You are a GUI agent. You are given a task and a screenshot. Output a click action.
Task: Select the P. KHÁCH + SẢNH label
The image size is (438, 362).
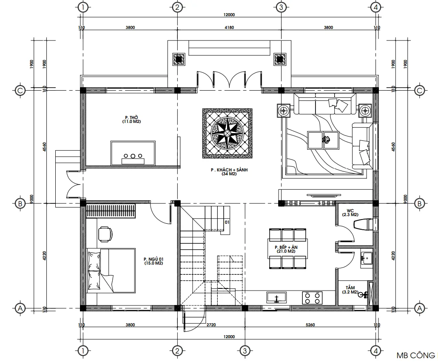pyautogui.click(x=229, y=169)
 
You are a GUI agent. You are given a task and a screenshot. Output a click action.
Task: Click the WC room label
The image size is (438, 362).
pyautogui.click(x=350, y=211)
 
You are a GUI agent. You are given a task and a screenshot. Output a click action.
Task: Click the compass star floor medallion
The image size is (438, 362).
pyautogui.click(x=227, y=133)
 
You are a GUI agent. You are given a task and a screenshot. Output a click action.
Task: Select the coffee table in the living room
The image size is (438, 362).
pyautogui.click(x=323, y=140)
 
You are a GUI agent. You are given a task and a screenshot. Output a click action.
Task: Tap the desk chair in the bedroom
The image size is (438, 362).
pyautogui.click(x=105, y=234)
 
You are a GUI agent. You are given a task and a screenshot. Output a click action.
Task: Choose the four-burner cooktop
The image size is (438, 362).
pyautogui.click(x=313, y=297)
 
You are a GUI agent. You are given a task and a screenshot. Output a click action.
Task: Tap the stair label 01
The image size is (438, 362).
pyautogui.click(x=227, y=222)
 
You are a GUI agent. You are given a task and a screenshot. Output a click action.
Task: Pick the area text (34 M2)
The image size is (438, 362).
pyautogui.click(x=229, y=174)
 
